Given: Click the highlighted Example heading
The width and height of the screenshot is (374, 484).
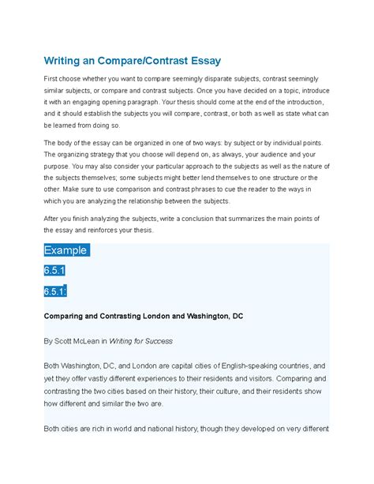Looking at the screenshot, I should point(67,250).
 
